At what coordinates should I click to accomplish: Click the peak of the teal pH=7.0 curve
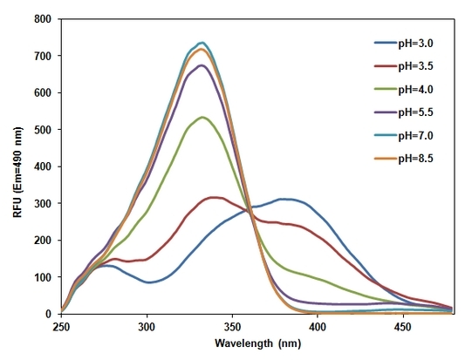pos(202,42)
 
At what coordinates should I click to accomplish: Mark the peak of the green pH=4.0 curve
pos(202,117)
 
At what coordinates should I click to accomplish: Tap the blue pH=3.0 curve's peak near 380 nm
pos(284,199)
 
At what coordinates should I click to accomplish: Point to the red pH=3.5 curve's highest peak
pos(213,197)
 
